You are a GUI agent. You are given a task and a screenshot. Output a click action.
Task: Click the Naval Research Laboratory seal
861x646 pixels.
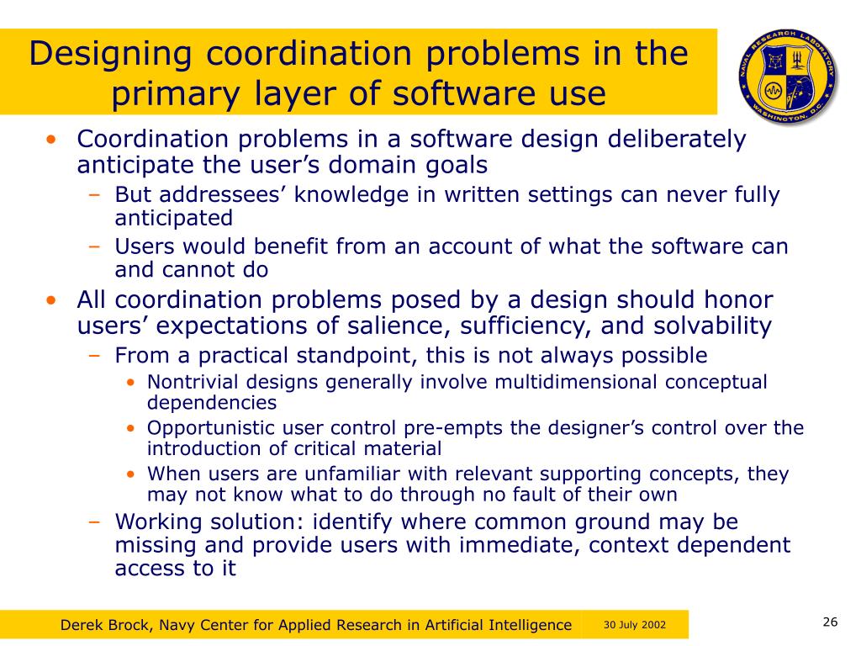click(x=788, y=73)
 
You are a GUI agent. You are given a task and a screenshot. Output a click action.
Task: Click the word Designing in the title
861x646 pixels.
click(x=107, y=55)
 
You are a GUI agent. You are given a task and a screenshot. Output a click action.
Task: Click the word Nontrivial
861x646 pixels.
click(x=191, y=382)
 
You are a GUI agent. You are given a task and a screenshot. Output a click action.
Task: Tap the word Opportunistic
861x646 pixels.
click(x=209, y=427)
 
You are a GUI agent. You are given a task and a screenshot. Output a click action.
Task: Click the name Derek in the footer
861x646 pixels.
click(x=82, y=625)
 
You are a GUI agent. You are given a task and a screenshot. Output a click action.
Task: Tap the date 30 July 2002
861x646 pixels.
click(x=635, y=625)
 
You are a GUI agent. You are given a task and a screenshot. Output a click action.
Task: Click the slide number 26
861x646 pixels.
click(x=830, y=622)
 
